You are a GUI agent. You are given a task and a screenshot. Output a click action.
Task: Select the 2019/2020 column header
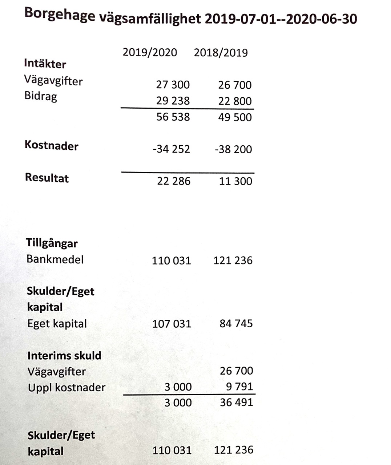coord(150,52)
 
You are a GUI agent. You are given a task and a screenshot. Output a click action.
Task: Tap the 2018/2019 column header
coord(221,53)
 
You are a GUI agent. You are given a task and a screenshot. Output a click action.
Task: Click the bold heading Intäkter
coord(45,64)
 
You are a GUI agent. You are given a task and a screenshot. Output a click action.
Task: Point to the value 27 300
coord(173,85)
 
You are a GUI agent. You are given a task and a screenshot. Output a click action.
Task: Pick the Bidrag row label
coord(41,96)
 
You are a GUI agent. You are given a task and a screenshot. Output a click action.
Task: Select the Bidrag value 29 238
coord(173,101)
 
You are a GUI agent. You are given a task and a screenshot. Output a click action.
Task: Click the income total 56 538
coord(173,117)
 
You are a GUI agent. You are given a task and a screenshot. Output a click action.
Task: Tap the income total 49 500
coord(235,117)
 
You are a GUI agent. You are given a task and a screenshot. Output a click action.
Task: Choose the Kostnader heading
coord(51,146)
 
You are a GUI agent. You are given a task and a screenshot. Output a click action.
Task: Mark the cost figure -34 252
coord(171,149)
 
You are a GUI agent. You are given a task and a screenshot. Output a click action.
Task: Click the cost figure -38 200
coord(233,149)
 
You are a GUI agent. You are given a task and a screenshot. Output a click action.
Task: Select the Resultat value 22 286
coord(173,181)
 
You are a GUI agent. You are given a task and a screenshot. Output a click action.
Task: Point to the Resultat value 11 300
coord(235,181)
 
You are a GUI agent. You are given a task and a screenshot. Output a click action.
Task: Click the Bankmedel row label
coord(55,259)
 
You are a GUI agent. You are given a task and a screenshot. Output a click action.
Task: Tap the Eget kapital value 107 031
coord(172,324)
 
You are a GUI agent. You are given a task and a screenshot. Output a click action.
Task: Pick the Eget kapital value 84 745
coord(236,323)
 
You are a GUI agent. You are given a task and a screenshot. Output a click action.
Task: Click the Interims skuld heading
coord(64,355)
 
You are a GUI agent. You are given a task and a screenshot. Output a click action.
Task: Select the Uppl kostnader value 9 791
coord(239,386)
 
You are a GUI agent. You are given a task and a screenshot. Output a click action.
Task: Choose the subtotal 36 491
coord(236,402)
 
